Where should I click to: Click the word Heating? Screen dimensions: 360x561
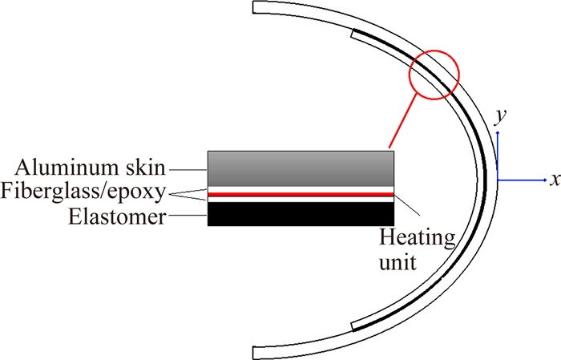[417, 238]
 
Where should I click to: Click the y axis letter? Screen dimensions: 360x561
[499, 117]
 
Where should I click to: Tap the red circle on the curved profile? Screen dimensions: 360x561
[434, 75]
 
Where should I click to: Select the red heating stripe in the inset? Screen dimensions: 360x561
[301, 194]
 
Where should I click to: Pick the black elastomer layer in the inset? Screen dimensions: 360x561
[301, 212]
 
